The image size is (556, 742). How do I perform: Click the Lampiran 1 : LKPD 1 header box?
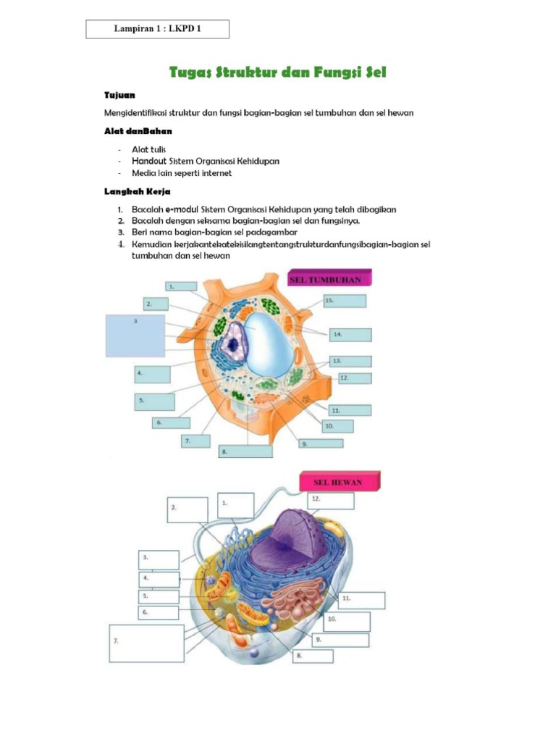[x=157, y=29]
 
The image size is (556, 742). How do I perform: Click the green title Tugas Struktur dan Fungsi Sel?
[x=278, y=72]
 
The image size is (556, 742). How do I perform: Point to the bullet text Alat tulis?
[x=148, y=149]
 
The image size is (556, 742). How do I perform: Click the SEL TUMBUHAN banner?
[x=330, y=279]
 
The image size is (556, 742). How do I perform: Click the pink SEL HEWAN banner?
[x=338, y=482]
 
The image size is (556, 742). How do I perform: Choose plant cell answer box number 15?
[x=345, y=301]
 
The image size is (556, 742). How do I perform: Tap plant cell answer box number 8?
[x=245, y=451]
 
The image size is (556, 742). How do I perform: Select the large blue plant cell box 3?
[x=135, y=335]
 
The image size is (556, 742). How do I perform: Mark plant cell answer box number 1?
[x=181, y=286]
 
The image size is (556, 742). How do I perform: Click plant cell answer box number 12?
[x=355, y=378]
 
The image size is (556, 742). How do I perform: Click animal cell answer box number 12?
[x=332, y=501]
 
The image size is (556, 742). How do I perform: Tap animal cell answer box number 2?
[x=186, y=509]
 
